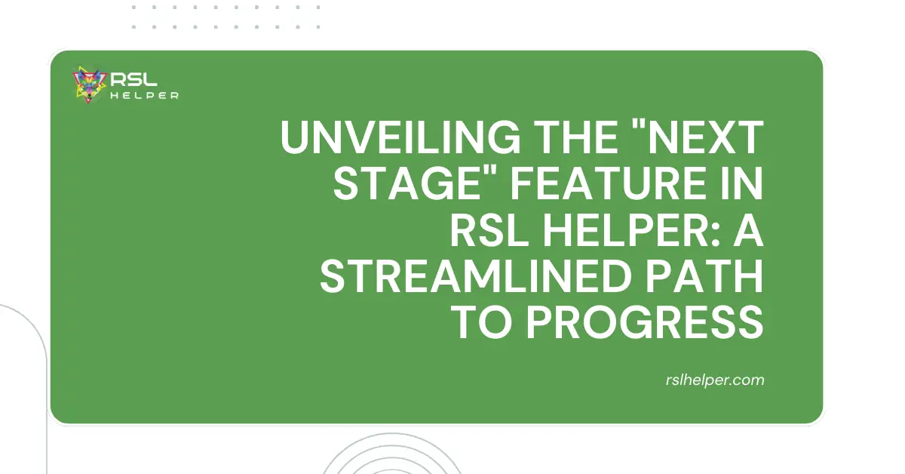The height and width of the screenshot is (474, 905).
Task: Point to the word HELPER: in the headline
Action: [x=631, y=230]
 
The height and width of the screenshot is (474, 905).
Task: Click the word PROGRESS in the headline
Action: [x=645, y=323]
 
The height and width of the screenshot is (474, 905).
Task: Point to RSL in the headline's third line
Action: [x=489, y=230]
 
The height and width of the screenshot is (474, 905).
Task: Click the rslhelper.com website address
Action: [x=715, y=380]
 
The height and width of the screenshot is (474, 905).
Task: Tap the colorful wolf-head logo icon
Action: [x=89, y=85]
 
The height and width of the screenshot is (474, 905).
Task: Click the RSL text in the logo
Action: [x=133, y=79]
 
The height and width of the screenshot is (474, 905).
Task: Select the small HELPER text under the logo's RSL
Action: [x=144, y=96]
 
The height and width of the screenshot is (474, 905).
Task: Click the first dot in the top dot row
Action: [x=133, y=8]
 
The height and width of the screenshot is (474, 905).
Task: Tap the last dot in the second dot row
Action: [x=318, y=27]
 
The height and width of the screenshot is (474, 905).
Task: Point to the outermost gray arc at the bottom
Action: [x=392, y=434]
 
